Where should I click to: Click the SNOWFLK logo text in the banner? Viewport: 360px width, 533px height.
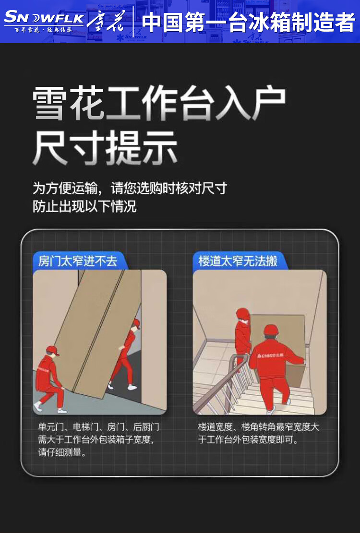(44, 18)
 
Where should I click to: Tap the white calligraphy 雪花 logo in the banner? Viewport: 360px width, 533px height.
(106, 21)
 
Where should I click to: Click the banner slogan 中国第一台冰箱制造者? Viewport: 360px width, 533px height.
(248, 23)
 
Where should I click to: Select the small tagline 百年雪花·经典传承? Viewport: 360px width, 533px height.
(44, 30)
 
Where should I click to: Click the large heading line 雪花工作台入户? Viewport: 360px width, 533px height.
(159, 103)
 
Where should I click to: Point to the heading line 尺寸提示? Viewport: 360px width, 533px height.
(105, 148)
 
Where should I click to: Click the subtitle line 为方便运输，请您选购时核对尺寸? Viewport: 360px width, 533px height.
(130, 189)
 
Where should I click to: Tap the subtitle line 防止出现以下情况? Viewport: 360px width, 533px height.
(84, 206)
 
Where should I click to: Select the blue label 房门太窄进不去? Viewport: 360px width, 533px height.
(77, 261)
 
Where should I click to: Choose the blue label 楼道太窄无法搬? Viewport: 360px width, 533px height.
(238, 261)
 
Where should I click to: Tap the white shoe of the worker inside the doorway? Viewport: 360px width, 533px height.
(132, 387)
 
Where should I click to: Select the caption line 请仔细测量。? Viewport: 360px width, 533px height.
(62, 452)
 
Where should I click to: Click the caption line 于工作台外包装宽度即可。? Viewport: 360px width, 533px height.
(248, 439)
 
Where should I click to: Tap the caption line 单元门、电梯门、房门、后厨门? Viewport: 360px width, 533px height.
(98, 427)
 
